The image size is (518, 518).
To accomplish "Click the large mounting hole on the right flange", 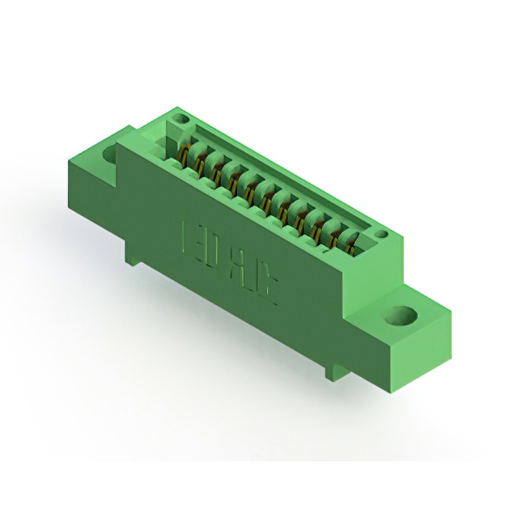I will point(399,316).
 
